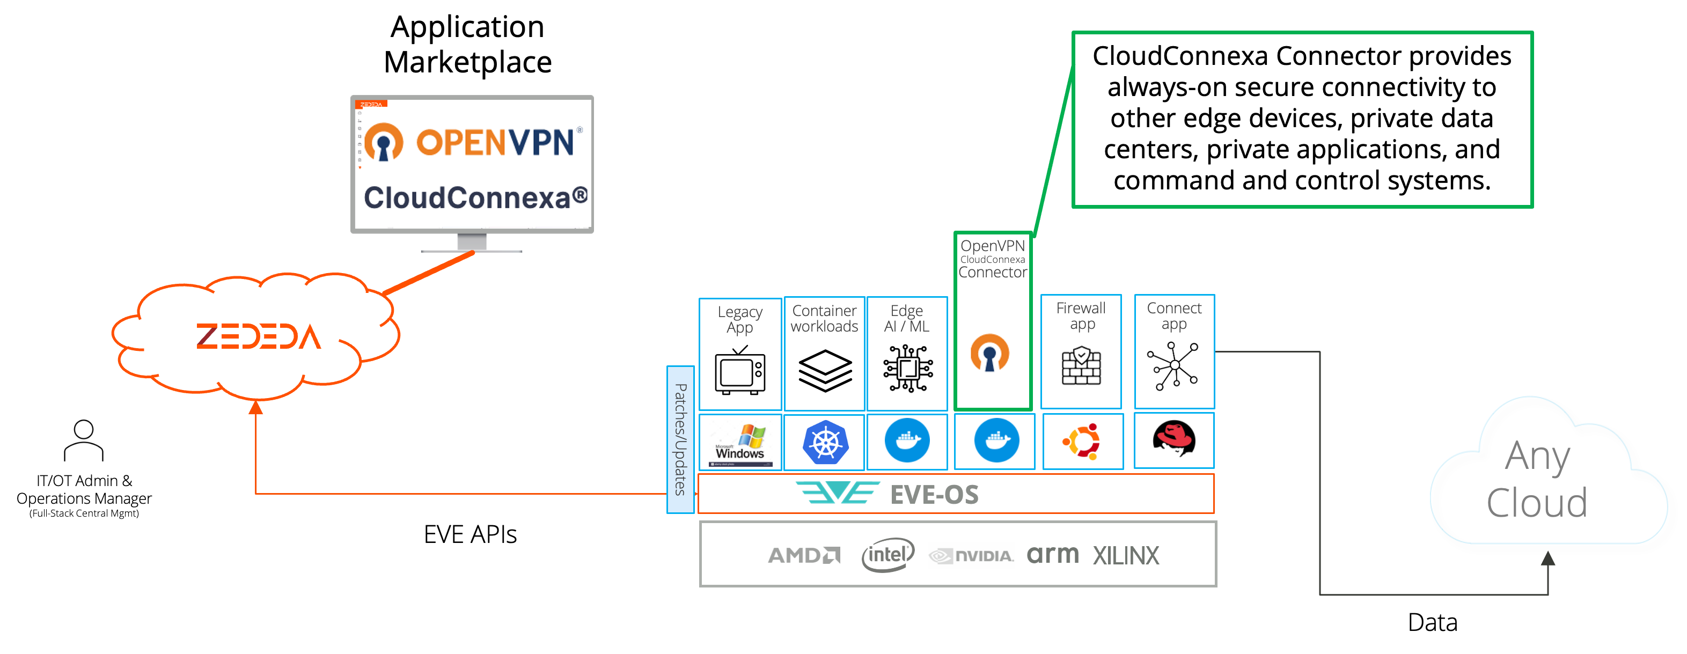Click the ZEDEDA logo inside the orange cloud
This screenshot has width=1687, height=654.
click(259, 336)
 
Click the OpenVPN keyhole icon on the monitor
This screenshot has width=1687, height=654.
click(383, 142)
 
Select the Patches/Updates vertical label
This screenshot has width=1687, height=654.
click(680, 439)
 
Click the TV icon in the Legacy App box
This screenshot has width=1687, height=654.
click(740, 371)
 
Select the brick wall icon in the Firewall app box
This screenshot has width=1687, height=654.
click(1081, 366)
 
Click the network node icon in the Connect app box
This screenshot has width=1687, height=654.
click(1173, 366)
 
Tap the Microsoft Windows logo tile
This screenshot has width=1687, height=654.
click(740, 442)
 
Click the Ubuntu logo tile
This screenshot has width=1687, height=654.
click(1082, 441)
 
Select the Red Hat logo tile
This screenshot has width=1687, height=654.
click(1173, 439)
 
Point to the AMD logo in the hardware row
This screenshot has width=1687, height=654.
click(804, 555)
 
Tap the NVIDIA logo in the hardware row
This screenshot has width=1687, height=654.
click(971, 555)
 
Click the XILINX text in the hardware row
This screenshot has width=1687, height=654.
click(1126, 556)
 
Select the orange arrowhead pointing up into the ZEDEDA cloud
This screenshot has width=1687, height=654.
click(256, 408)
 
